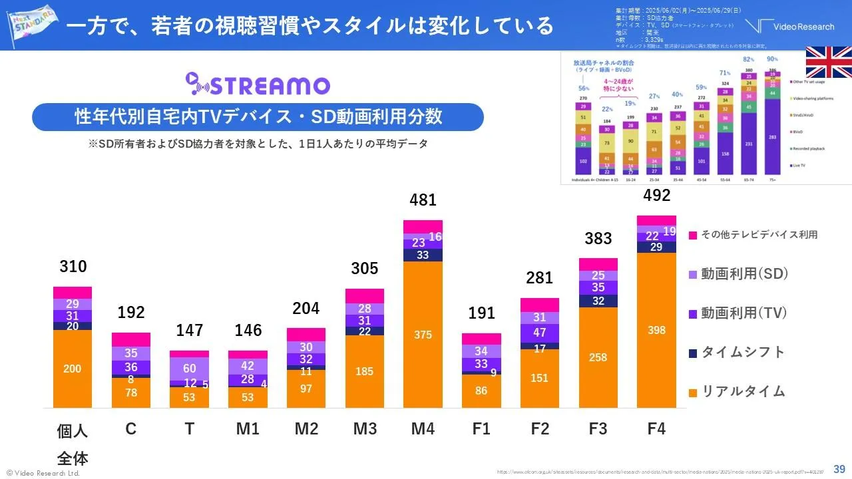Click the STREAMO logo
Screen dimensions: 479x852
tap(258, 85)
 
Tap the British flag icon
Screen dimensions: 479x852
tap(829, 63)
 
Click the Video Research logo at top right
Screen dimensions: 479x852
tap(790, 27)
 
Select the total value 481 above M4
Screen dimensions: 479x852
tap(423, 200)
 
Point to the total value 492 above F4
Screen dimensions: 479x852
tap(656, 195)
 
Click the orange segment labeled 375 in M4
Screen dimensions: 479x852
tap(423, 335)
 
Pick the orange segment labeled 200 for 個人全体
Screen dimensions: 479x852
tap(73, 369)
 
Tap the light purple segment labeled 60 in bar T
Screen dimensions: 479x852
tap(189, 369)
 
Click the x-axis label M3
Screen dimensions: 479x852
tap(364, 429)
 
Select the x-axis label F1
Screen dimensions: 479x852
tap(481, 429)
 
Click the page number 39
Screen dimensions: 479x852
tap(839, 468)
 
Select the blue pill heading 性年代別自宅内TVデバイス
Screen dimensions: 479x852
tap(258, 117)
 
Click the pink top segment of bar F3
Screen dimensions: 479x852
tap(598, 264)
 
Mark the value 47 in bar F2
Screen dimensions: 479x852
tap(540, 333)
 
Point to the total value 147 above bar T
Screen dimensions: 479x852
tap(189, 330)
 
